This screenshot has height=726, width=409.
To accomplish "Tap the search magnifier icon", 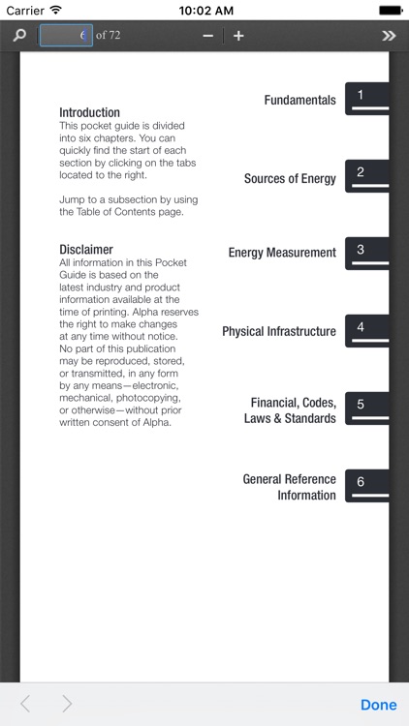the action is point(19,36).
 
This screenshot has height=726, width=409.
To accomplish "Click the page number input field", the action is point(66,36).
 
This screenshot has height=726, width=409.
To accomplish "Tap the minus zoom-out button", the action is point(207,36).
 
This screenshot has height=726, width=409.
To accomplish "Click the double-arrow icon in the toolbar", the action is point(389,36).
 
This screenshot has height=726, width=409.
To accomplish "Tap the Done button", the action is point(378,705).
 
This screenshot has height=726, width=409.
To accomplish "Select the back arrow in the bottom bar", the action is point(25,705).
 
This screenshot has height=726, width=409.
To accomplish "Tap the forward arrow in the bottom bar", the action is point(67,705).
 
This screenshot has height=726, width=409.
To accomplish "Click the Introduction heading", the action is point(89,112).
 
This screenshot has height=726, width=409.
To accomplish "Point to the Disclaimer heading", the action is point(85,250).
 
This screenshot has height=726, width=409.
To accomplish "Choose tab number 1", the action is point(366,98).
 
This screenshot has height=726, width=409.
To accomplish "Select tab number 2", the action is point(366,175).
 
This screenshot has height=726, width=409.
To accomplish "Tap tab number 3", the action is point(366,252).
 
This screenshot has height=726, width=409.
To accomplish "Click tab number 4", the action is point(366,329).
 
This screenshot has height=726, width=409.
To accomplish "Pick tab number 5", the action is point(366,407).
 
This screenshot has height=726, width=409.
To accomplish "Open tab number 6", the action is point(366,484).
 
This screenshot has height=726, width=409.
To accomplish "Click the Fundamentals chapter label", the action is point(299,100).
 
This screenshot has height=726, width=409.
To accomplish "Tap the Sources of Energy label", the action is point(290,178).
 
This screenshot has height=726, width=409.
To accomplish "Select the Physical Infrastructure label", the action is point(279,331).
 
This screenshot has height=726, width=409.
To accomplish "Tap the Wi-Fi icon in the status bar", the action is point(55,9).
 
